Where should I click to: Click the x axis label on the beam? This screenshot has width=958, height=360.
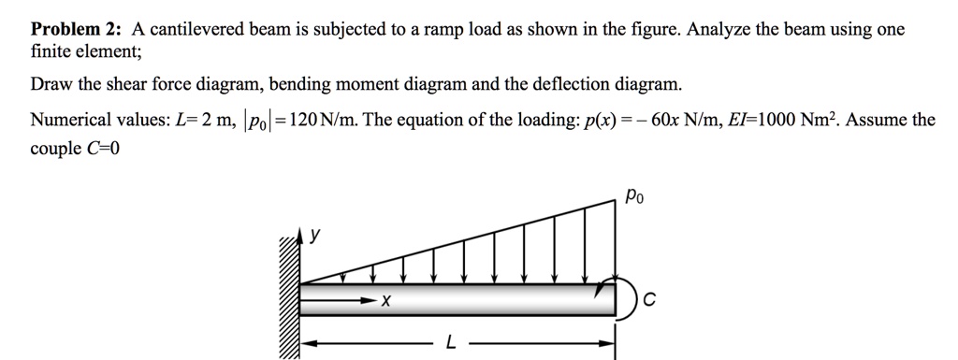385,302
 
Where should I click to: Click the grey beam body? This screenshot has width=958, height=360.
486,301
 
